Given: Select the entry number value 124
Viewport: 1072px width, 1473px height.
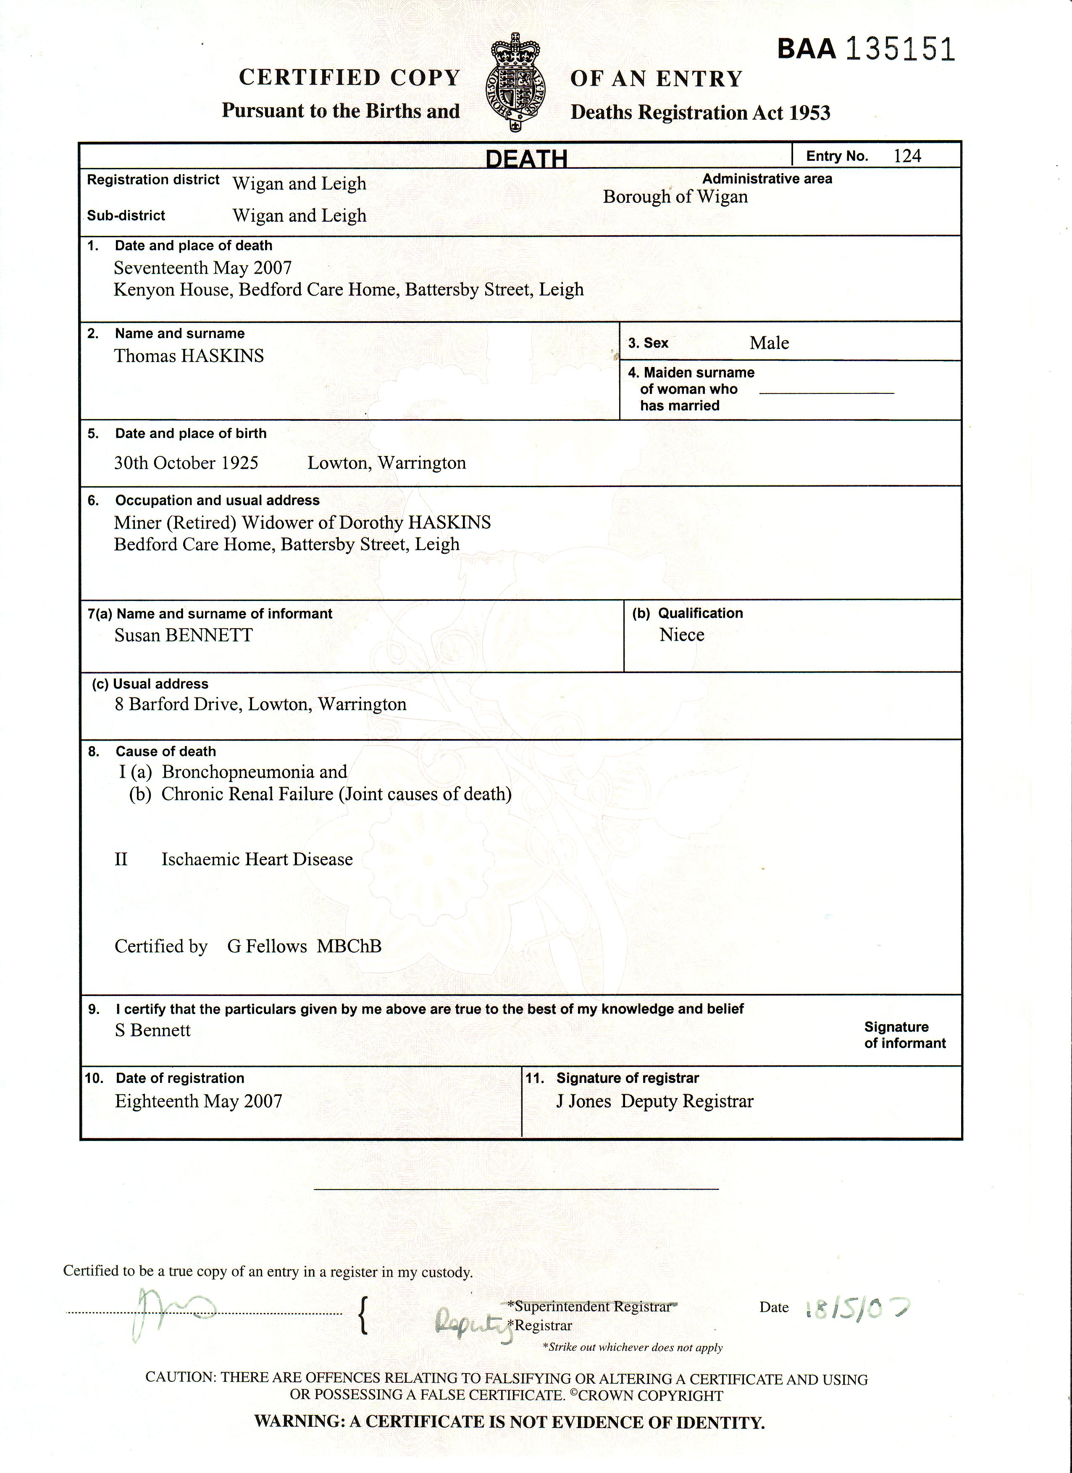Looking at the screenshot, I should tap(907, 156).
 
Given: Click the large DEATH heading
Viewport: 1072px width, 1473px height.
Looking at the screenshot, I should tap(526, 158).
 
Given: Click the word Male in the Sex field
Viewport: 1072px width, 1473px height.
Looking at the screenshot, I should tap(769, 343).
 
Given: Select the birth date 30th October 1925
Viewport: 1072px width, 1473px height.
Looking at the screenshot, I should tap(187, 463).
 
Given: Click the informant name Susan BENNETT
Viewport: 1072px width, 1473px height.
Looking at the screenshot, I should tap(183, 635).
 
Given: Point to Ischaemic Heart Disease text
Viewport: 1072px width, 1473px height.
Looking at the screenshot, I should tap(257, 859).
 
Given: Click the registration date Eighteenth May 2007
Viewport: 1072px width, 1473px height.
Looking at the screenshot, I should tap(198, 1101).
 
